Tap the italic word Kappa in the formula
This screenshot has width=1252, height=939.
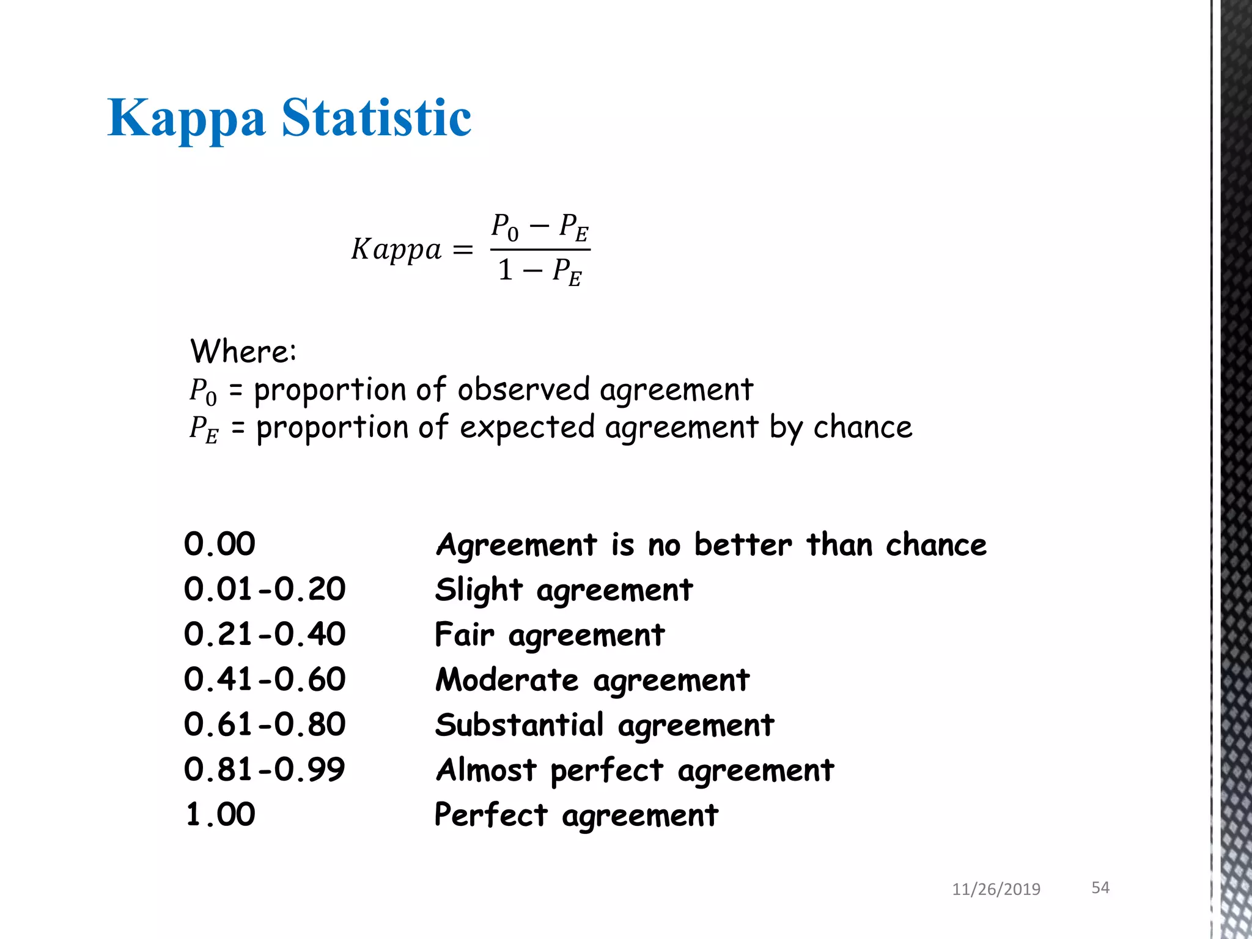click(x=396, y=249)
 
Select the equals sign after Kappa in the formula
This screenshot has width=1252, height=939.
click(x=463, y=249)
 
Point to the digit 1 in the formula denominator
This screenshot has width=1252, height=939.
click(x=505, y=270)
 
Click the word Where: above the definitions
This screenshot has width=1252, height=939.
click(x=243, y=352)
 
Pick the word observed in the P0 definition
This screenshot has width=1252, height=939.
click(x=524, y=389)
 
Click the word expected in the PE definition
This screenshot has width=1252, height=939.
click(x=527, y=427)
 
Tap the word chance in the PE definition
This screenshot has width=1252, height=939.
click(x=863, y=427)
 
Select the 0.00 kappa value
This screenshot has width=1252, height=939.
click(x=219, y=543)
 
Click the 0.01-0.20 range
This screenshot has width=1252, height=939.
click(x=265, y=589)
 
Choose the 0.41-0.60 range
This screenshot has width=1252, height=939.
click(x=265, y=679)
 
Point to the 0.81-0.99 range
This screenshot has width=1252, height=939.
click(x=265, y=769)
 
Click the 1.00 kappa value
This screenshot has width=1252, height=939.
click(x=220, y=814)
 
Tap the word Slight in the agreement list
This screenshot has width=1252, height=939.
click(x=479, y=590)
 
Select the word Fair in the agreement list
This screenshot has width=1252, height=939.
click(x=464, y=635)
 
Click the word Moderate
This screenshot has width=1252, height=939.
click(x=507, y=680)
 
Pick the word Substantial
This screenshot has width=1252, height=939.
click(x=519, y=725)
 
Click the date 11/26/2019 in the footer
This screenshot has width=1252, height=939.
click(x=996, y=889)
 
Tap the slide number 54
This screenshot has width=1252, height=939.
click(x=1100, y=888)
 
